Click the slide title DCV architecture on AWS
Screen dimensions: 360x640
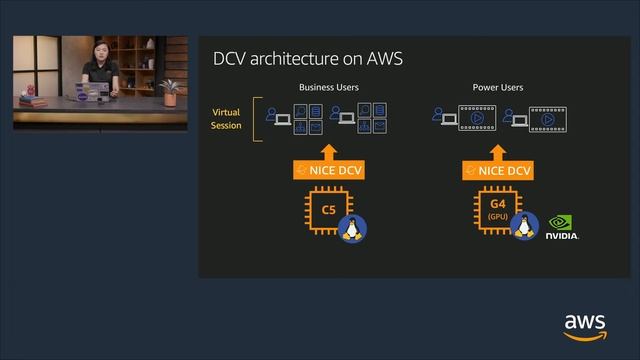[308, 58]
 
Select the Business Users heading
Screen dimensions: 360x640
[329, 88]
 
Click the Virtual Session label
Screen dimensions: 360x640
[226, 119]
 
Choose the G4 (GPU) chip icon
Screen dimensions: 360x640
[498, 211]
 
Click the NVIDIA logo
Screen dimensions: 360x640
[561, 227]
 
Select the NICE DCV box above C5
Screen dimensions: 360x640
[329, 171]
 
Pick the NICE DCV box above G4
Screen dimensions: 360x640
[498, 171]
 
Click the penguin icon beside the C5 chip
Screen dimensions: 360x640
[351, 228]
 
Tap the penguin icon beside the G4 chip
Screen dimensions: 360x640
[524, 226]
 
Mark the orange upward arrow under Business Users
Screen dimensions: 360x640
[329, 148]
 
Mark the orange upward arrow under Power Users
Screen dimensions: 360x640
[498, 148]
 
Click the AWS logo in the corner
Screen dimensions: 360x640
[585, 326]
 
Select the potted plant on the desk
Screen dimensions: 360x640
[169, 92]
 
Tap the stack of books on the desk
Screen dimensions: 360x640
[28, 99]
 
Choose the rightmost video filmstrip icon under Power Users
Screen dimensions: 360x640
[546, 118]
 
